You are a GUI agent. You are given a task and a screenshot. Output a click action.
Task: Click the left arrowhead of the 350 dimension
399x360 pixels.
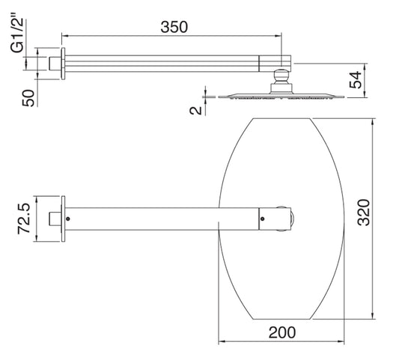pos(64,34)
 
